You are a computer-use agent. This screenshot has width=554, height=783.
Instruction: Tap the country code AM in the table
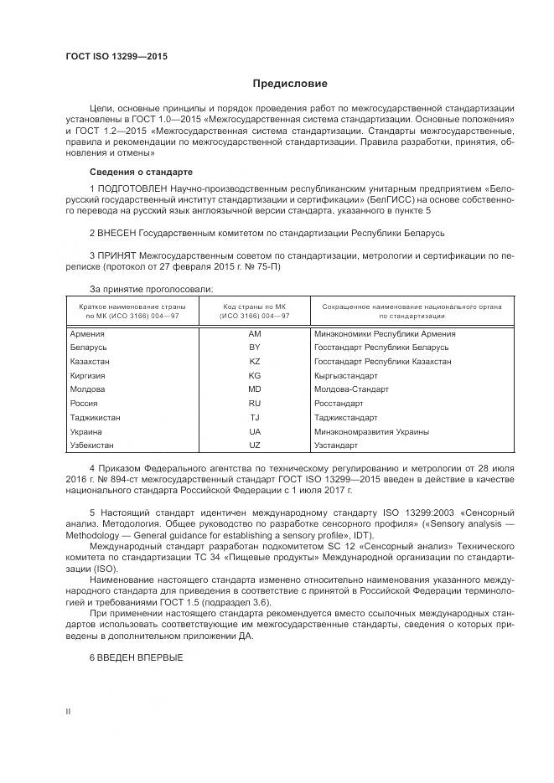pos(255,333)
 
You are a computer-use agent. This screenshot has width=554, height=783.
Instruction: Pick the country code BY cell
pos(255,347)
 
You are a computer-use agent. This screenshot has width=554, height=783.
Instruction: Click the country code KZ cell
pos(255,361)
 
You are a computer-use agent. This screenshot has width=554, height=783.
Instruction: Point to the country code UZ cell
pos(255,445)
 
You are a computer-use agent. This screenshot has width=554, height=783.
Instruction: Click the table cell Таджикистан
pos(95,417)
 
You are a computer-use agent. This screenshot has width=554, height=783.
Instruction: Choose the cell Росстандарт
pos(339,403)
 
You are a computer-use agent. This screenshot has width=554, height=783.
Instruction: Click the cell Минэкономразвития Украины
pos(371,431)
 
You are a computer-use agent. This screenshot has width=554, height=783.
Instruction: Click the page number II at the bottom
pos(68,710)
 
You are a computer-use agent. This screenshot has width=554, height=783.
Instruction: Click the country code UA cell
pos(255,431)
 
